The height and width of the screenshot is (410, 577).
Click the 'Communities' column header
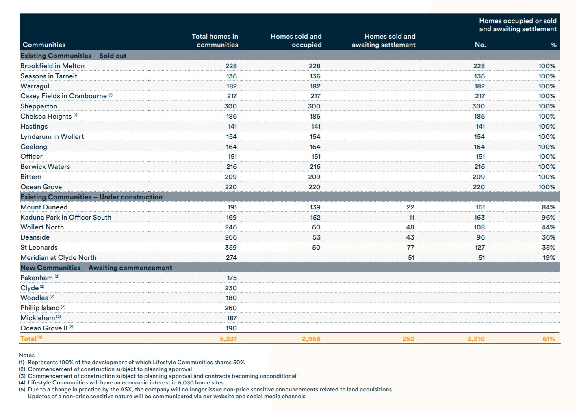[44, 45]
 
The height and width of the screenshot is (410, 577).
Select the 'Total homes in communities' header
[215, 41]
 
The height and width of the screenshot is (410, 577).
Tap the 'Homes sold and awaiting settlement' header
[384, 41]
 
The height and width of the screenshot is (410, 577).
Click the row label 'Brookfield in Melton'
[52, 66]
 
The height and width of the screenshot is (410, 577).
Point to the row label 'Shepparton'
[39, 106]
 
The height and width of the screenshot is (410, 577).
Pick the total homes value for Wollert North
[231, 227]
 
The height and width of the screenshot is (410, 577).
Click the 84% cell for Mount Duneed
[548, 207]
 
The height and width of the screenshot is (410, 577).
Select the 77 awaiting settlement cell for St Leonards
[410, 247]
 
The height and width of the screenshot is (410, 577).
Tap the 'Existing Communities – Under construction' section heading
[91, 197]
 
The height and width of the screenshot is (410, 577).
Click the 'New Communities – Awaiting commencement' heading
[96, 268]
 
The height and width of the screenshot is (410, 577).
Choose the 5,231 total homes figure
[228, 339]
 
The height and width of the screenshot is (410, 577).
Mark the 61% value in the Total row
[549, 339]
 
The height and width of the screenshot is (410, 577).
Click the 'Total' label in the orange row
[28, 339]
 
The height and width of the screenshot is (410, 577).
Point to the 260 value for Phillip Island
[231, 308]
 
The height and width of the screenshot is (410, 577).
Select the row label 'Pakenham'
[37, 278]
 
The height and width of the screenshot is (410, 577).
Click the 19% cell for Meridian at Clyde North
[549, 257]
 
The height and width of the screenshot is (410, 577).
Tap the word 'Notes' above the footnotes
[27, 355]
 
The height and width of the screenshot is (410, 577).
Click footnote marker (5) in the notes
[22, 389]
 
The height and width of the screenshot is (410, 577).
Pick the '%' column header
[553, 45]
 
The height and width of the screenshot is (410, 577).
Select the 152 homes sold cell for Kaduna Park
[315, 217]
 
